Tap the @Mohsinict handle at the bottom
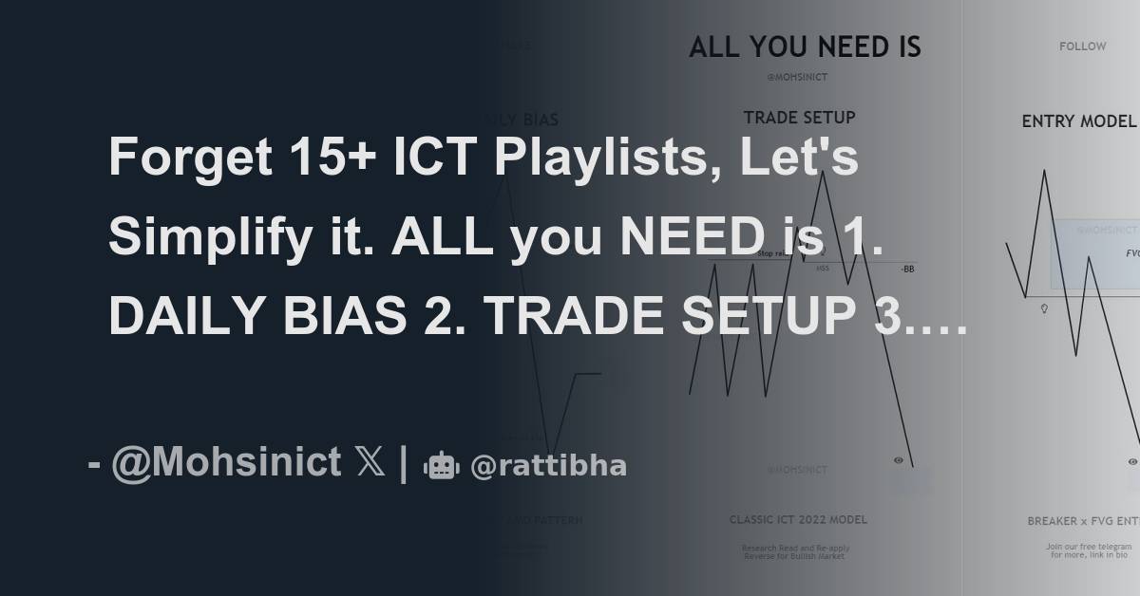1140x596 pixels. coord(226,462)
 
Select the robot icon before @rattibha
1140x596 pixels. coord(441,465)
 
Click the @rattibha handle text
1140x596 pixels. coord(548,466)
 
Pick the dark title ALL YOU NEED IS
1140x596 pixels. coord(805,47)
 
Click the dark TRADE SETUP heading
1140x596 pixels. coord(799,118)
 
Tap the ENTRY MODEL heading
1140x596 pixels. coord(1078,121)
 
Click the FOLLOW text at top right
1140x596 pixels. coord(1083,46)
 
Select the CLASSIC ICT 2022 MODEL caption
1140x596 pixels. coord(798,519)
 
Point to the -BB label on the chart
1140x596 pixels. coord(907,269)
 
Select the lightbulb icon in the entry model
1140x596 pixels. coord(1044,308)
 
